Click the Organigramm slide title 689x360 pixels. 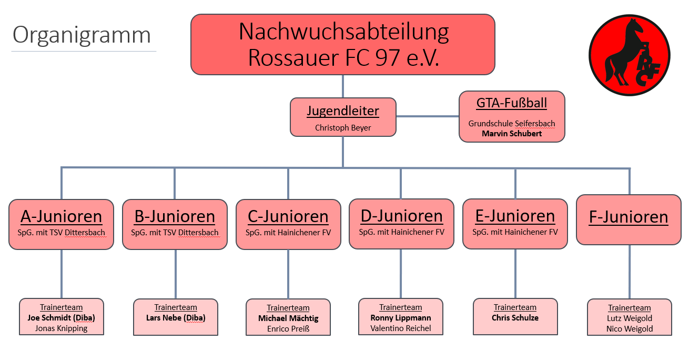[82, 35]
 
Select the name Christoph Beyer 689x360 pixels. [343, 128]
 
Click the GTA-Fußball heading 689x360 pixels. [512, 103]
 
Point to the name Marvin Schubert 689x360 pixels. [512, 134]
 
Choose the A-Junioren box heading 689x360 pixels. [62, 216]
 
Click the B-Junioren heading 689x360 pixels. [175, 216]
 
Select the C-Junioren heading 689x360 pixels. [288, 216]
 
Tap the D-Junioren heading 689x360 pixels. [401, 216]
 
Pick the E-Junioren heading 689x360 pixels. [515, 216]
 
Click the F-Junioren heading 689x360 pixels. [629, 217]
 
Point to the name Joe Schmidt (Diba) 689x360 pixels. [61, 318]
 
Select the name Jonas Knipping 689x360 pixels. [61, 328]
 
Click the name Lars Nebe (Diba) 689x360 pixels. [176, 318]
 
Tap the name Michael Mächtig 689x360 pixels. [288, 318]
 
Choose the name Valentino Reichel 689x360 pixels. [401, 328]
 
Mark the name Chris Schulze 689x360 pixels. [515, 318]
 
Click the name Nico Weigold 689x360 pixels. [630, 329]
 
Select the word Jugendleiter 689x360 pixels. [343, 112]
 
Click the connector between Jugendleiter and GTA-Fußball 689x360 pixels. [427, 116]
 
